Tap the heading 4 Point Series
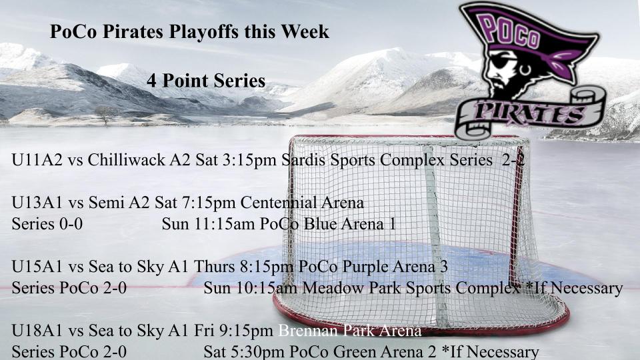click(x=206, y=81)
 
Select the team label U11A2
click(x=37, y=159)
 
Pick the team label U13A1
click(x=37, y=203)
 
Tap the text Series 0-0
click(x=47, y=224)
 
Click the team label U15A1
click(x=37, y=267)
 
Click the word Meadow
click(x=333, y=288)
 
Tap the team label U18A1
click(x=37, y=330)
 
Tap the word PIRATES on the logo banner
click(x=529, y=113)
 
